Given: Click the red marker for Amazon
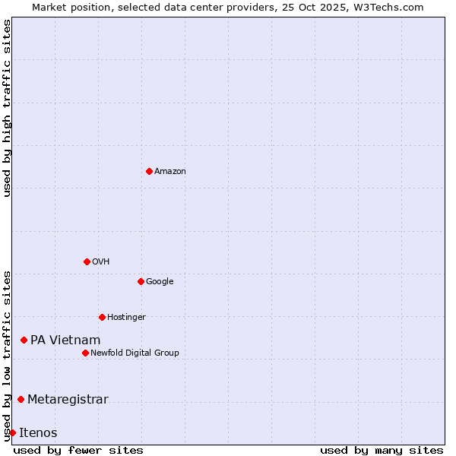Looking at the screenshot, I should pos(149,171).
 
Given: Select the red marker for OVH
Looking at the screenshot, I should pos(87,261).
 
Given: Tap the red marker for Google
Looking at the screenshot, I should pos(141,281).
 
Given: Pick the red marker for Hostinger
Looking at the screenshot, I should pos(102,317).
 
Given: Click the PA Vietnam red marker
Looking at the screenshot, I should pos(24,340).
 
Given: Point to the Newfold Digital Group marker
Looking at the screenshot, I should pos(85,353).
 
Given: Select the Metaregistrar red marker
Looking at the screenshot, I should pos(21,399).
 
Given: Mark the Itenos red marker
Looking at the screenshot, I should pos(12,432).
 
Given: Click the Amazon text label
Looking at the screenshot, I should pos(169,172).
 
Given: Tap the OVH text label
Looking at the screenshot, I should pos(100,262).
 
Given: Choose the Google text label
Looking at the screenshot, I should pos(160,282).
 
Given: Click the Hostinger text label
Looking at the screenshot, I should pos(126,318).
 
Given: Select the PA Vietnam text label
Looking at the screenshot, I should pos(65,340).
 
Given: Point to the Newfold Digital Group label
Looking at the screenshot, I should pos(135,353).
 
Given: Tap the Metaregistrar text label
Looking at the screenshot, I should pos(68,400).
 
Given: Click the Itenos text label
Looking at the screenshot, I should pos(38,433).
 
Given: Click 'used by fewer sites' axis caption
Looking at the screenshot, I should pos(78,450).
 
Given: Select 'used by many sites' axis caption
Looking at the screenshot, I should pos(382,450).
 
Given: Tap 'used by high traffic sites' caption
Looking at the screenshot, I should pos(7,108).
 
